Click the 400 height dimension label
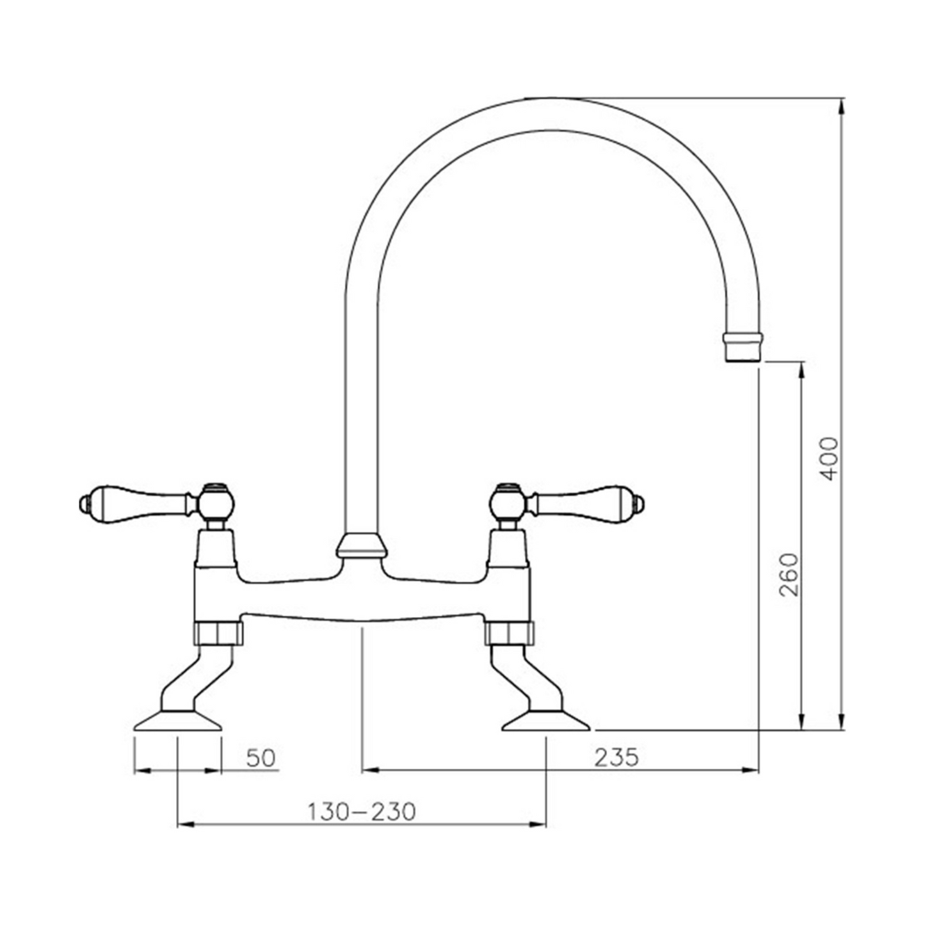pyautogui.click(x=829, y=458)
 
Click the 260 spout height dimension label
pyautogui.click(x=790, y=574)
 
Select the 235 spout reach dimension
pyautogui.click(x=616, y=757)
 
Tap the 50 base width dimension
pyautogui.click(x=261, y=757)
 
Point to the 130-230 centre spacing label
pyautogui.click(x=362, y=811)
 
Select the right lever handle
pyautogui.click(x=589, y=503)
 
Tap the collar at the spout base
pyautogui.click(x=361, y=545)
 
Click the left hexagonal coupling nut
pyautogui.click(x=218, y=632)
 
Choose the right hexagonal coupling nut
pyautogui.click(x=508, y=632)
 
